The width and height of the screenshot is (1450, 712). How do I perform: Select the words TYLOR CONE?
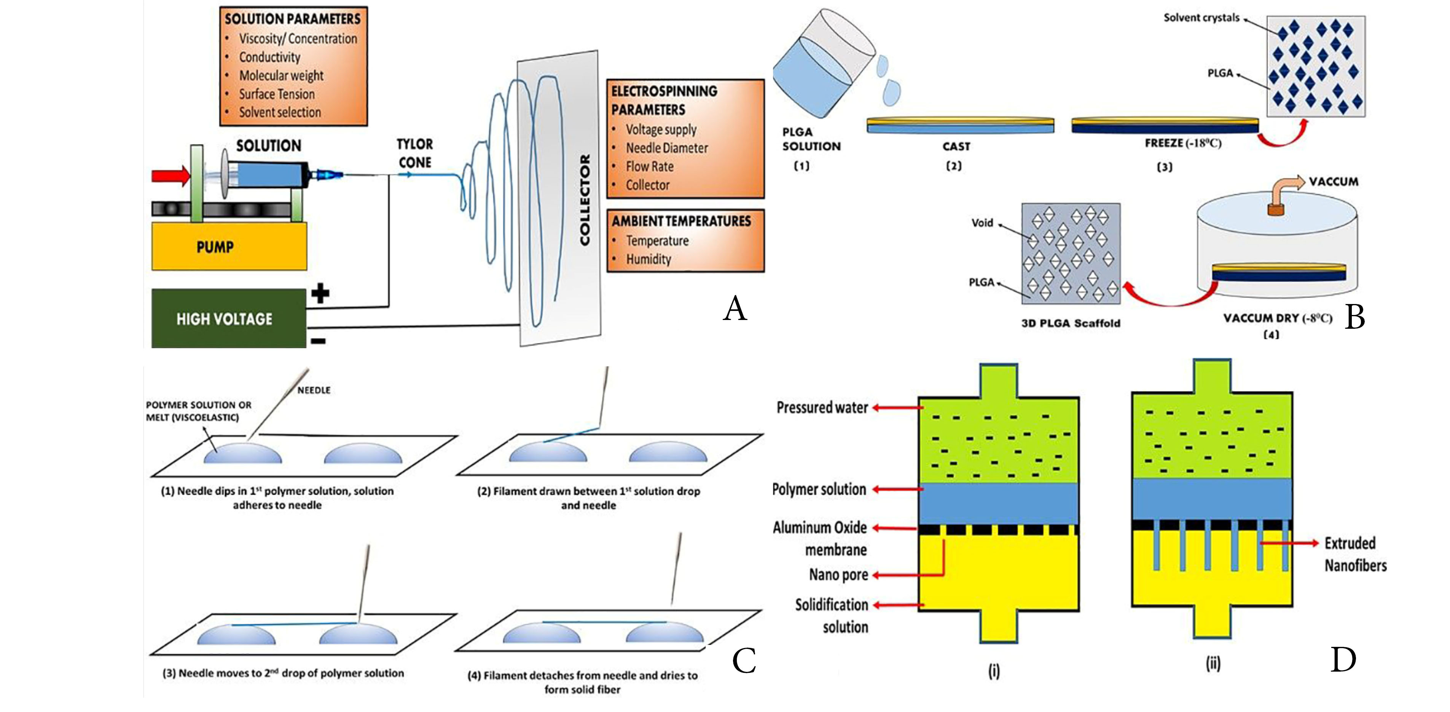click(x=415, y=153)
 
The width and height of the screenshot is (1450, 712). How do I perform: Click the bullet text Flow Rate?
click(x=650, y=167)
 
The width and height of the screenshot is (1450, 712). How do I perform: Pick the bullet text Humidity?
click(x=649, y=260)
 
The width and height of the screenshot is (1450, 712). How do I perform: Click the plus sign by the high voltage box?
click(x=320, y=293)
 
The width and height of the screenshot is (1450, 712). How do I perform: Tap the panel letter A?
click(x=735, y=309)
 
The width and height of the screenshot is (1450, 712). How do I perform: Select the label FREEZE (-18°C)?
click(x=1182, y=144)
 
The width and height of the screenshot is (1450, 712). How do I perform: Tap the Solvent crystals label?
click(x=1201, y=18)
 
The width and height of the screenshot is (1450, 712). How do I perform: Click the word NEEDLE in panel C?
click(x=314, y=390)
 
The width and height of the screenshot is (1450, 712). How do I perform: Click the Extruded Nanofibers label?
click(x=1355, y=554)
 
